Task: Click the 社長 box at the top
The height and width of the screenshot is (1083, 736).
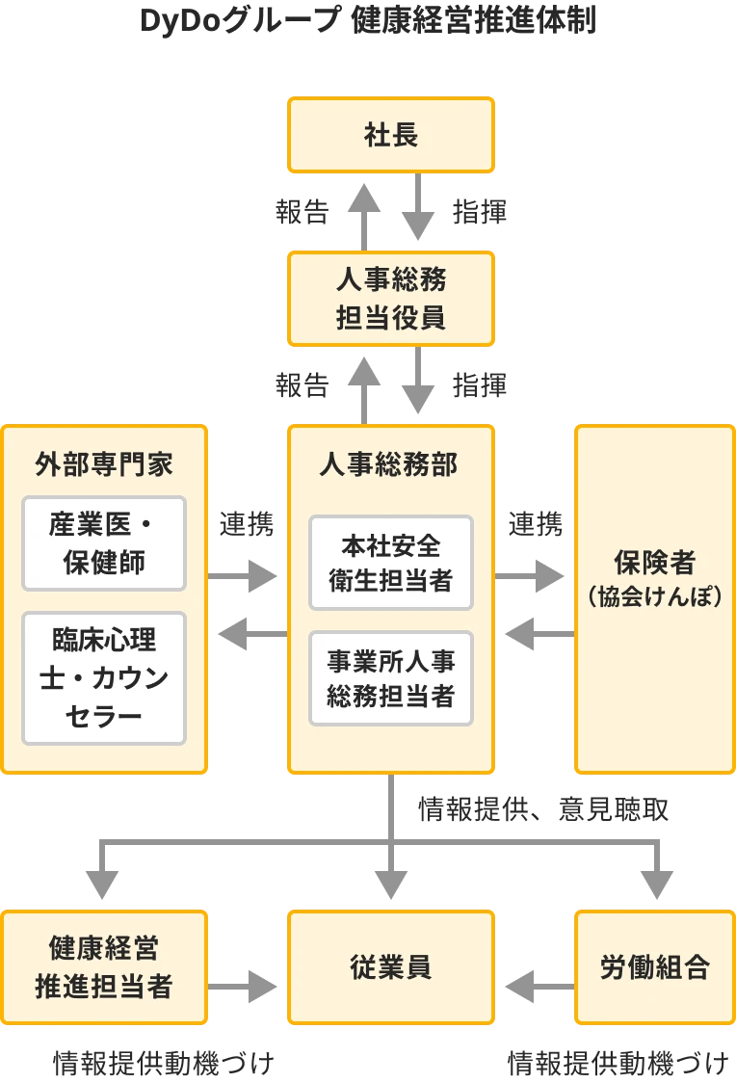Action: pyautogui.click(x=391, y=135)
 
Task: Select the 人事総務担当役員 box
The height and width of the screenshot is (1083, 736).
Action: pyautogui.click(x=391, y=298)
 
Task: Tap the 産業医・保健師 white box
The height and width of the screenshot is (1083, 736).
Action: pyautogui.click(x=104, y=543)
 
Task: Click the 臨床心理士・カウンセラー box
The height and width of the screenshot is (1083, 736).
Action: pyautogui.click(x=104, y=678)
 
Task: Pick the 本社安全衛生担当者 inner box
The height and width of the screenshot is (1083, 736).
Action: pyautogui.click(x=391, y=563)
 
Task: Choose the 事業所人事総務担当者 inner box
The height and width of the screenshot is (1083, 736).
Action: pyautogui.click(x=391, y=678)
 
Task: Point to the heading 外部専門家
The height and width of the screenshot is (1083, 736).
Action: pyautogui.click(x=104, y=464)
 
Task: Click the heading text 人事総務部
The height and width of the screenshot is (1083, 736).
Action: pyautogui.click(x=391, y=464)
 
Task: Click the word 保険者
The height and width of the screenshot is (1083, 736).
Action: pyautogui.click(x=654, y=562)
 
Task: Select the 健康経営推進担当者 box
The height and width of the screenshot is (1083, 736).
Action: pyautogui.click(x=104, y=967)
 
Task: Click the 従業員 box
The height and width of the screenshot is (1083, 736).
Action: pyautogui.click(x=391, y=967)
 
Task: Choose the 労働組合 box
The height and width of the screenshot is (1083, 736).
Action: pyautogui.click(x=654, y=967)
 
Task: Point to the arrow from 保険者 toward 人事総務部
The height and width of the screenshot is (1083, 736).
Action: pyautogui.click(x=536, y=632)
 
